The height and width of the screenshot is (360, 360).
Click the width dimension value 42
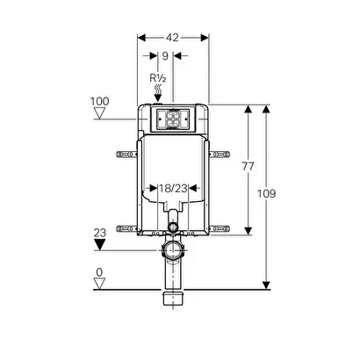172,38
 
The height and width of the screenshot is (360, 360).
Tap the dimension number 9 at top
165,55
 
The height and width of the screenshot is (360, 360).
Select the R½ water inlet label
158,78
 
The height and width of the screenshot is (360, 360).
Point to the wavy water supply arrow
158,93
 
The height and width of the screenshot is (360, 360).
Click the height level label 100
99,101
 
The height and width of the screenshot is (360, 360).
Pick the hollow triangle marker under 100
99,113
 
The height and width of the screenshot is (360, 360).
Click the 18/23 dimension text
173,188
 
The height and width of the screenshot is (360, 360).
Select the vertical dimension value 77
248,166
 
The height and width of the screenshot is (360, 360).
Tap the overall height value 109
266,193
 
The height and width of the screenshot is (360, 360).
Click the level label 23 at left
100,233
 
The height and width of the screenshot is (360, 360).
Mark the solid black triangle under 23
99,245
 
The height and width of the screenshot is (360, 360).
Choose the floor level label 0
99,272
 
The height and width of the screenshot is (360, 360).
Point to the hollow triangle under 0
99,284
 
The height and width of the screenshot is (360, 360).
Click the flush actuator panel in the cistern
173,119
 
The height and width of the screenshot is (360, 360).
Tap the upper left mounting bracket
127,154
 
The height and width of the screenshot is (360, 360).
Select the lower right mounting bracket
220,228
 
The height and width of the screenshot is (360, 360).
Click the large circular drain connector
173,249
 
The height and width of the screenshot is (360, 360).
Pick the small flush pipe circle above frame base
173,227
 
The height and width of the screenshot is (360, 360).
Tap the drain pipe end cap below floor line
173,299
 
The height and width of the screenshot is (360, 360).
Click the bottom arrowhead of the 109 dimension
266,285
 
